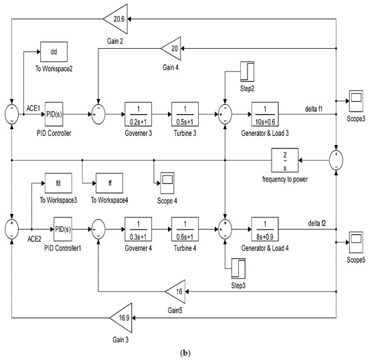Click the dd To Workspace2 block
(x=56, y=48)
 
